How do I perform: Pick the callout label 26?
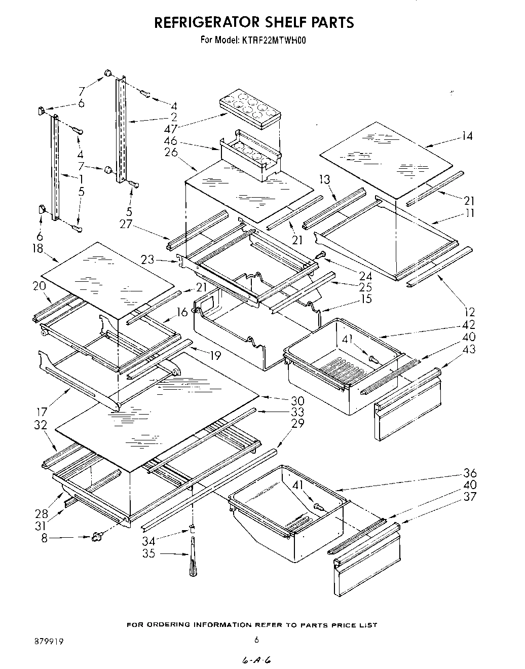pos(171,152)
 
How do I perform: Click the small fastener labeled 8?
pos(96,536)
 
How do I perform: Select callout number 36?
pos(469,473)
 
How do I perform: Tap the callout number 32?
pos(41,425)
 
